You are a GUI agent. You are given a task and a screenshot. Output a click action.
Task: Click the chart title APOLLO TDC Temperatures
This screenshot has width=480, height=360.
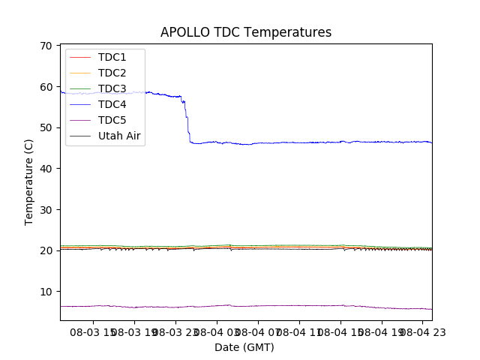coord(246,32)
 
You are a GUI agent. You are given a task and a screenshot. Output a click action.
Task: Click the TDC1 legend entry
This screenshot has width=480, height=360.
coord(112,57)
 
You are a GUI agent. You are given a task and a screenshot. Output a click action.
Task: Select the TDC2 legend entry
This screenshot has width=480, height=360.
coord(112,73)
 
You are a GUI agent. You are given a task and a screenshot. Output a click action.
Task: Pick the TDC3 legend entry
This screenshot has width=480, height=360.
coord(112,88)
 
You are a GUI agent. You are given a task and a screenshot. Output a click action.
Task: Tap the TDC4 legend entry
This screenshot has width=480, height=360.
coord(112,104)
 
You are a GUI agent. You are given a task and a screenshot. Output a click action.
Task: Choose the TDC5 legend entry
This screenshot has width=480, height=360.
coord(112,120)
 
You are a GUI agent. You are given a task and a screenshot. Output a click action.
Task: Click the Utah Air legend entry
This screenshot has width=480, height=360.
coord(119,136)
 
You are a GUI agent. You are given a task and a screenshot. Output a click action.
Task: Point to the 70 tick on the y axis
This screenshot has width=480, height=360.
coord(46,46)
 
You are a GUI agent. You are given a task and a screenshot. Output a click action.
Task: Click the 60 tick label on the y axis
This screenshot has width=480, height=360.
coord(46,87)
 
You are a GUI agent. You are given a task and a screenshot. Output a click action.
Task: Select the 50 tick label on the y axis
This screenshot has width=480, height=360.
coord(46,127)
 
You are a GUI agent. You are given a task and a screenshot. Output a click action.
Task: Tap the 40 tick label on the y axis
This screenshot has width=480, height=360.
coord(46,169)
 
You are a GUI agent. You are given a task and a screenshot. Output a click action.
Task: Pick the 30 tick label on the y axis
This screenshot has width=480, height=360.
coord(46,209)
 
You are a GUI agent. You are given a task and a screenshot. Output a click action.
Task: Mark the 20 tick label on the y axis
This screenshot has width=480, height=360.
coord(46,250)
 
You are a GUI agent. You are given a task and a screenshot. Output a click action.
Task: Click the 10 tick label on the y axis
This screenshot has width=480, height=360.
coord(46,291)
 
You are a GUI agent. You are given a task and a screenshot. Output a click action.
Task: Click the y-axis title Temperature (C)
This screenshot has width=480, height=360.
coord(29,182)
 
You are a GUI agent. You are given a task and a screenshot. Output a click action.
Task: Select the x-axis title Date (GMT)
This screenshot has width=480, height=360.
coord(244,347)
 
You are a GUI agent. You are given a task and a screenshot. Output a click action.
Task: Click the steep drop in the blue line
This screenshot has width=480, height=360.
coord(187,120)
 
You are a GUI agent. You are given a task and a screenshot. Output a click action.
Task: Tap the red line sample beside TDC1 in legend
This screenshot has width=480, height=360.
coord(79,57)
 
